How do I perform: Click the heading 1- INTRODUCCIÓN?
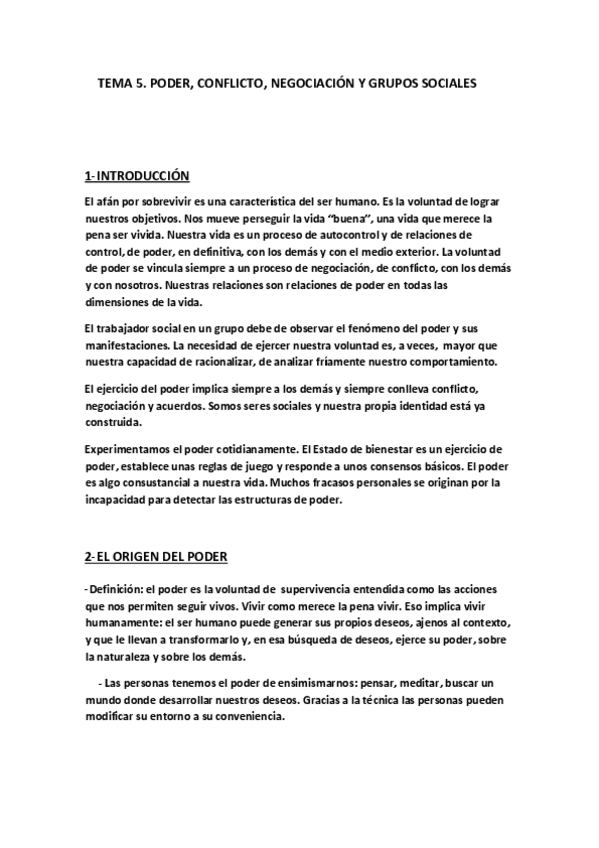coord(137,176)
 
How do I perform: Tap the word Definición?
coord(122,587)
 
